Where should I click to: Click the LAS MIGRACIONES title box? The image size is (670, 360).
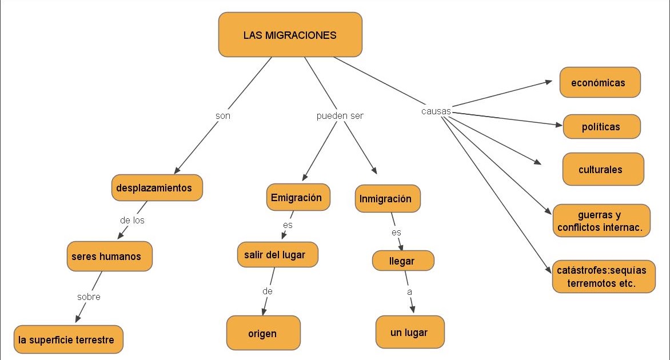pyautogui.click(x=290, y=35)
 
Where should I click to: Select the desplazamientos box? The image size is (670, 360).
pyautogui.click(x=157, y=187)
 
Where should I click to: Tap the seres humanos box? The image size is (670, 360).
pyautogui.click(x=109, y=256)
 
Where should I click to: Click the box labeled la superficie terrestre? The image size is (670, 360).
pyautogui.click(x=69, y=339)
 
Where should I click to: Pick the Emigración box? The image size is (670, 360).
pyautogui.click(x=298, y=197)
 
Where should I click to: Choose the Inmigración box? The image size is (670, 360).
pyautogui.click(x=388, y=199)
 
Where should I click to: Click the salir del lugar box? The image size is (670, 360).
pyautogui.click(x=278, y=255)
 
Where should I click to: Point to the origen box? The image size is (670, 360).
pyautogui.click(x=263, y=333)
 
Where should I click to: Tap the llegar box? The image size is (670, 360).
pyautogui.click(x=403, y=261)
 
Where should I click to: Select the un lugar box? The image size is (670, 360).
pyautogui.click(x=410, y=332)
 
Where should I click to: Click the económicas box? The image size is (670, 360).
pyautogui.click(x=600, y=82)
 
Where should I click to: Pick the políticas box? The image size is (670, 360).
pyautogui.click(x=601, y=126)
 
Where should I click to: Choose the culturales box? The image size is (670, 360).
pyautogui.click(x=603, y=169)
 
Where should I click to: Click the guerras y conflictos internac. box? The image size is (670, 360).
pyautogui.click(x=601, y=221)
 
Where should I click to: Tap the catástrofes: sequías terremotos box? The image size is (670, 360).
pyautogui.click(x=603, y=277)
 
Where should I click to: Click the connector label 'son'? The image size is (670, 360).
pyautogui.click(x=222, y=116)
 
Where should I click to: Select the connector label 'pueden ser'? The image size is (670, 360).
pyautogui.click(x=340, y=116)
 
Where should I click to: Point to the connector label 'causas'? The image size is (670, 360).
pyautogui.click(x=436, y=111)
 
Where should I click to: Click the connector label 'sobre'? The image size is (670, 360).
pyautogui.click(x=89, y=297)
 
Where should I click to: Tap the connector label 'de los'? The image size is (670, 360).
pyautogui.click(x=132, y=221)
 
